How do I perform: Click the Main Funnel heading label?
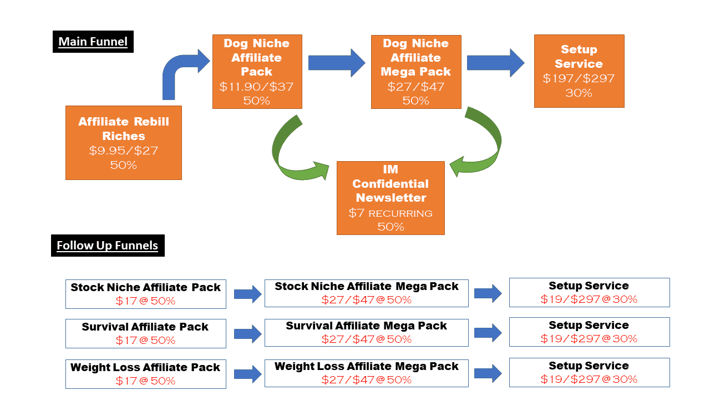[x=93, y=42]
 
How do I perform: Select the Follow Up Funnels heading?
[x=108, y=246]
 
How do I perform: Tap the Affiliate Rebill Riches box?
[x=124, y=143]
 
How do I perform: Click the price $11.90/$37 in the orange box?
[x=256, y=87]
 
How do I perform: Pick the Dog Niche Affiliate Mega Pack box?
[x=416, y=72]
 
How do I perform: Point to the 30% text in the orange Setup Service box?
[x=579, y=93]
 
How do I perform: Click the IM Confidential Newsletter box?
[x=390, y=198]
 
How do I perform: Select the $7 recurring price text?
[x=390, y=213]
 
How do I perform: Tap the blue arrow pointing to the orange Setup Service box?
[x=495, y=63]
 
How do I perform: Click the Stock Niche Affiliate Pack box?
[x=146, y=294]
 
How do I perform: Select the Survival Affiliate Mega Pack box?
[x=366, y=332]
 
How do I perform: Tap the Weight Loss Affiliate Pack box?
[x=146, y=374]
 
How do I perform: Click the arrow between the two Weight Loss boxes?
[x=247, y=374]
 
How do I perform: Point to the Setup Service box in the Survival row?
[x=589, y=331]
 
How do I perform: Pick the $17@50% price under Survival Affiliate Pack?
[x=145, y=340]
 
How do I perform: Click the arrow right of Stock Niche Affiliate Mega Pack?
[x=488, y=293]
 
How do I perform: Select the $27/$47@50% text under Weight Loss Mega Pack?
[x=366, y=380]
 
